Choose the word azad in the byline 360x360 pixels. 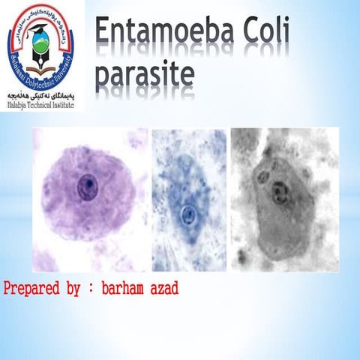[x=164, y=289]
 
